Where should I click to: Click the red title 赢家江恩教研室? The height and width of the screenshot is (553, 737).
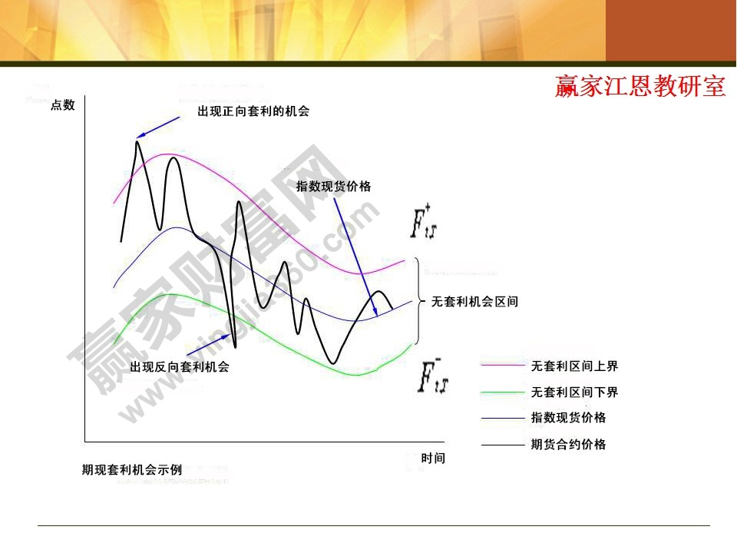[x=640, y=87]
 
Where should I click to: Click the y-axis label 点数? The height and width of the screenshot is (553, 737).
[x=63, y=105]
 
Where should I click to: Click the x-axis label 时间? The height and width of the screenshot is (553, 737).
[x=433, y=459]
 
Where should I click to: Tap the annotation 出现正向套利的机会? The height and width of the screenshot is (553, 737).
[x=253, y=111]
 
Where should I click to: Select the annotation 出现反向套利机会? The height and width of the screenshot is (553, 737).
[x=180, y=367]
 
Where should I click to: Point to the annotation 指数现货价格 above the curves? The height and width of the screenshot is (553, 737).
[x=334, y=186]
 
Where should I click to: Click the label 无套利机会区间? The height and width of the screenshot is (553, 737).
[x=475, y=302]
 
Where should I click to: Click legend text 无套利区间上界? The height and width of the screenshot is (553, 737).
[x=574, y=366]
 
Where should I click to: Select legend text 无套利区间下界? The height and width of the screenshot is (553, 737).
[x=574, y=392]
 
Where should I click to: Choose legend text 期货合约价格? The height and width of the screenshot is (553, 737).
[x=568, y=444]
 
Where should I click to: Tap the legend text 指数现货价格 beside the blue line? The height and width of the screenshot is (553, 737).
[x=568, y=418]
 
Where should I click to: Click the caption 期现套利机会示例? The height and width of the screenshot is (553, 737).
[x=132, y=469]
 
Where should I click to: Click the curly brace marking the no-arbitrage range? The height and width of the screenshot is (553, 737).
[x=418, y=302]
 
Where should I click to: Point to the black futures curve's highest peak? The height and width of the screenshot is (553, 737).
[x=138, y=142]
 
